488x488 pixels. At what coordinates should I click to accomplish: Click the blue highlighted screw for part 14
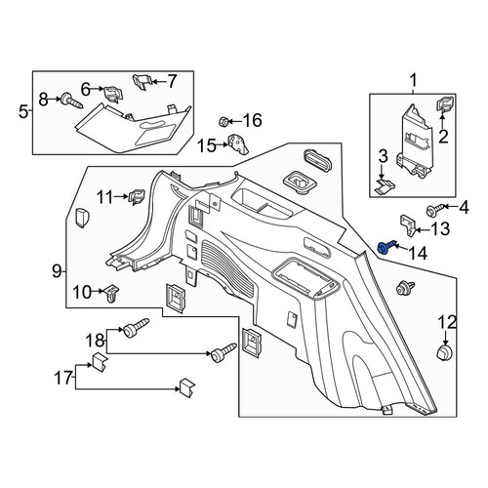click(x=386, y=248)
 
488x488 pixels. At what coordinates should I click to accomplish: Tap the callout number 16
click(x=253, y=120)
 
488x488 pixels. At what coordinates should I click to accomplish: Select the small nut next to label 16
click(x=223, y=122)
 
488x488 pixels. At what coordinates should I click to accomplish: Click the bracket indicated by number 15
click(x=239, y=143)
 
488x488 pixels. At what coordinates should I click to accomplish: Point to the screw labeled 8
click(x=72, y=101)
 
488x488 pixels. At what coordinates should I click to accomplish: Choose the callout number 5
click(x=23, y=112)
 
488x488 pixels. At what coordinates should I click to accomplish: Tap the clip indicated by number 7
click(x=142, y=82)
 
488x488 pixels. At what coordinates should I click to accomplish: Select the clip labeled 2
click(x=443, y=103)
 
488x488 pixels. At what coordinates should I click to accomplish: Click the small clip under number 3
click(x=385, y=186)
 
